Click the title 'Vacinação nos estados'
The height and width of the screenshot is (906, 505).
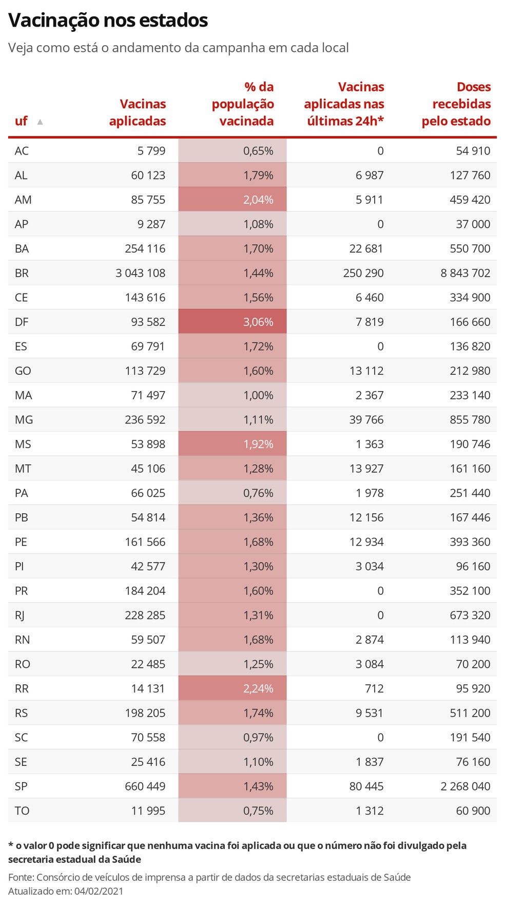coord(108,20)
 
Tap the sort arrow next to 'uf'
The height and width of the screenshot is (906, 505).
coord(40,122)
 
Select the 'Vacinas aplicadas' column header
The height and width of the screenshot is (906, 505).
coord(138,112)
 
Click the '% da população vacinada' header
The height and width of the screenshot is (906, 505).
coord(243,104)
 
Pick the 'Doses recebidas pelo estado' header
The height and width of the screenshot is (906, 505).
coord(456,104)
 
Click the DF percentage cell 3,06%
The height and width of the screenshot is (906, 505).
coord(232,322)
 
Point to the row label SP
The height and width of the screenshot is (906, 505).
coord(21,786)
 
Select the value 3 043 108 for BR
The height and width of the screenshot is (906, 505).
coord(141,273)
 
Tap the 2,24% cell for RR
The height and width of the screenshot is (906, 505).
coord(232,688)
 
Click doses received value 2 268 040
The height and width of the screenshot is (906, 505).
coord(465,786)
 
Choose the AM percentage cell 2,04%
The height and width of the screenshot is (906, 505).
coord(232,200)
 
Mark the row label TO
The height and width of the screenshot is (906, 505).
coord(22,811)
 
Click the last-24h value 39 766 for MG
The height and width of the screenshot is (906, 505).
coord(366,420)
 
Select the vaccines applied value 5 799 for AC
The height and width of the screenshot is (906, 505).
coord(151,151)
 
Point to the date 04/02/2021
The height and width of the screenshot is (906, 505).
coord(99,891)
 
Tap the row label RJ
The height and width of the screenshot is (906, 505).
coord(20,615)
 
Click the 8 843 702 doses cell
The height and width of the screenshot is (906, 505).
coord(465,273)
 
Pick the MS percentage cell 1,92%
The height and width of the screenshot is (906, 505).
coord(232,444)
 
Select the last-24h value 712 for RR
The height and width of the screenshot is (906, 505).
coord(375,688)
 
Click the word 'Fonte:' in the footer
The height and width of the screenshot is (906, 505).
coord(21,877)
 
